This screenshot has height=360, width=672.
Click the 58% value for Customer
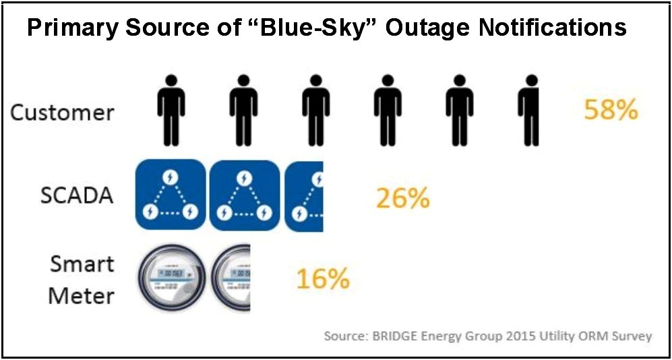point(611,110)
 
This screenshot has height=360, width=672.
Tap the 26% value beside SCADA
point(402,198)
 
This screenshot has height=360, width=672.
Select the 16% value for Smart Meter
point(323,278)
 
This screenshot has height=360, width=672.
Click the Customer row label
point(62,112)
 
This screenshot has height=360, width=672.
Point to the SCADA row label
point(75,196)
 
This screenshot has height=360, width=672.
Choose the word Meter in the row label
point(81,295)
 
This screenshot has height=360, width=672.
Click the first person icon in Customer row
point(171,109)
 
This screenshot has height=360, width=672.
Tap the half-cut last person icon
point(529,109)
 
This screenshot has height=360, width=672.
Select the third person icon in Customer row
point(315,109)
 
